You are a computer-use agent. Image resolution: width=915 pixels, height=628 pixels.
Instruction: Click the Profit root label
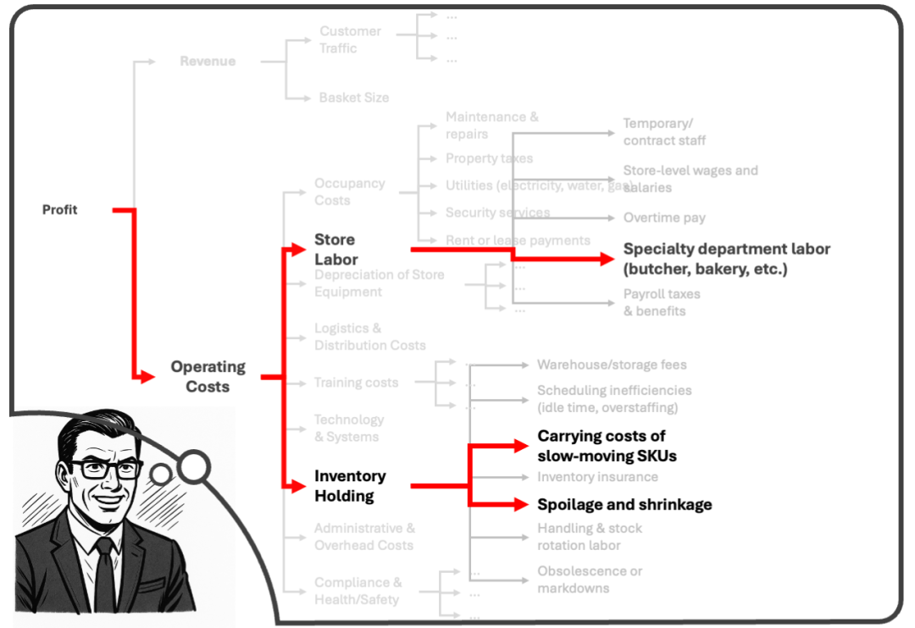59,209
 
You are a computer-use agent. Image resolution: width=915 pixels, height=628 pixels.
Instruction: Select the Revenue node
208,61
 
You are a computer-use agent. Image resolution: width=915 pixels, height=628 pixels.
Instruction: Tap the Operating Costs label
208,376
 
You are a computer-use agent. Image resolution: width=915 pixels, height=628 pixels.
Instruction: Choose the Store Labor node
335,249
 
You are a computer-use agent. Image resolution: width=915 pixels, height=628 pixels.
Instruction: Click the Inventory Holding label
349,486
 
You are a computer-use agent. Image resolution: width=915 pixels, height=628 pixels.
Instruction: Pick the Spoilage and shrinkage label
624,504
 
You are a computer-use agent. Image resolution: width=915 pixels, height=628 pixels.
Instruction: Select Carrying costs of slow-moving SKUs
607,446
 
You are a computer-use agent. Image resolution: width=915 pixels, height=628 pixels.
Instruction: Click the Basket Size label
353,97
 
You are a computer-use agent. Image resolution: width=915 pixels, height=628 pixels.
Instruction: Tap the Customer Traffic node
350,40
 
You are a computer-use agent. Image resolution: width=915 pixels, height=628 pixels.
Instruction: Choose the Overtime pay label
664,218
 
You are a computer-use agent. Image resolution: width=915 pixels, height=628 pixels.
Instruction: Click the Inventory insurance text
597,476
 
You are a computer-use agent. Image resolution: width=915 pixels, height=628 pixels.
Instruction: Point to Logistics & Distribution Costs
369,336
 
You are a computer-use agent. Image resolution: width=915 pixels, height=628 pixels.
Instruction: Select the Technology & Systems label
348,428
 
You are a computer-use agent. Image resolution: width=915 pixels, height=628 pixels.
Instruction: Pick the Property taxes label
489,158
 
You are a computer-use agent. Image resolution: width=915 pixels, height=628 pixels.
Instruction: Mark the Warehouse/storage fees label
612,364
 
